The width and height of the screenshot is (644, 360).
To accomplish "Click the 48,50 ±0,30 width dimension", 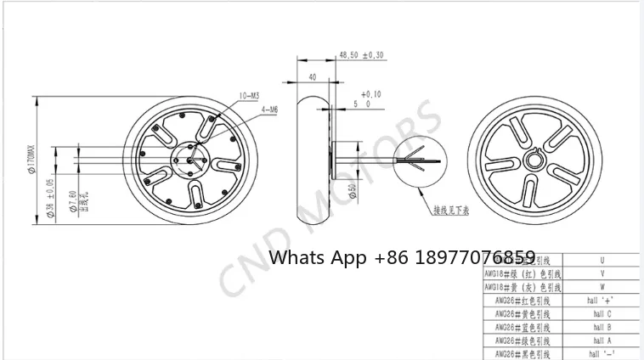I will tap(360, 54).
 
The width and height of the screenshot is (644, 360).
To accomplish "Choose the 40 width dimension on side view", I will tap(314, 77).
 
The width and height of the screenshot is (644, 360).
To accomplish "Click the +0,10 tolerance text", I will tap(370, 94).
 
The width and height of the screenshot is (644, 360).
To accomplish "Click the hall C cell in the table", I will tap(602, 313).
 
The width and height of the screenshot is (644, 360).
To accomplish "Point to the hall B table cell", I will tap(602, 326).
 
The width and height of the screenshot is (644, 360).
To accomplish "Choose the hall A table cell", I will tap(602, 339).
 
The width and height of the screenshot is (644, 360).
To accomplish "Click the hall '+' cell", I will tap(602, 301).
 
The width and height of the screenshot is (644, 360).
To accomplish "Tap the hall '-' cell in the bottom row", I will tap(602, 352).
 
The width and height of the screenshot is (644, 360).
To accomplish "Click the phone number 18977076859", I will tap(475, 256).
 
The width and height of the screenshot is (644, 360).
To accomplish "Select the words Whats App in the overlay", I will tap(318, 256).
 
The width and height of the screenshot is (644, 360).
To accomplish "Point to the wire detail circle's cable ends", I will tap(425, 160).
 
